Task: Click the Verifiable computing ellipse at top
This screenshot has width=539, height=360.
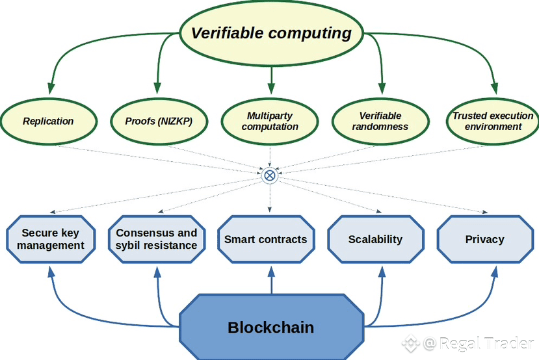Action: point(271,33)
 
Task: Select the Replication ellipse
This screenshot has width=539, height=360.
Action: point(49,122)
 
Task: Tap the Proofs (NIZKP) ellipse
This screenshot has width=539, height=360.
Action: point(159,122)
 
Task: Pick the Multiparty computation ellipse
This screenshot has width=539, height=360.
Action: point(270,122)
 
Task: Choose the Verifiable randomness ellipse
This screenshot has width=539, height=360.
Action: point(380,122)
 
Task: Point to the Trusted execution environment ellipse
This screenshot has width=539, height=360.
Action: point(493,122)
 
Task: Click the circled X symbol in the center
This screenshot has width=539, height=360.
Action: point(270,175)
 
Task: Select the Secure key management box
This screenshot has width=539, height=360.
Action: point(51,239)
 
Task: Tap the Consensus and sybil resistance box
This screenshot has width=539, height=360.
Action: point(157,239)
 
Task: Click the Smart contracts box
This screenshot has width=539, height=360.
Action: point(266,239)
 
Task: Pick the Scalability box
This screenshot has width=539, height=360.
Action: point(376,239)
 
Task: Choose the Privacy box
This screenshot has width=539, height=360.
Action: point(485,239)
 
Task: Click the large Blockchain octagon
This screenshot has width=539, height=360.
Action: point(271,327)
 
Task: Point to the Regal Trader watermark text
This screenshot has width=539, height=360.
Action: point(479,343)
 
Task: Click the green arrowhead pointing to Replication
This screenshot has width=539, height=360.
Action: point(51,88)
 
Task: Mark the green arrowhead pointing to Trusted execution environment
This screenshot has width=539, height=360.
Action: point(494,88)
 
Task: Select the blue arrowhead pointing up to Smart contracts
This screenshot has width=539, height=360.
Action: point(272,272)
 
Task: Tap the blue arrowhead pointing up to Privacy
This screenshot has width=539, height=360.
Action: point(495,272)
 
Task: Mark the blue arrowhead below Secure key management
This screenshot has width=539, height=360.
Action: point(51,272)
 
